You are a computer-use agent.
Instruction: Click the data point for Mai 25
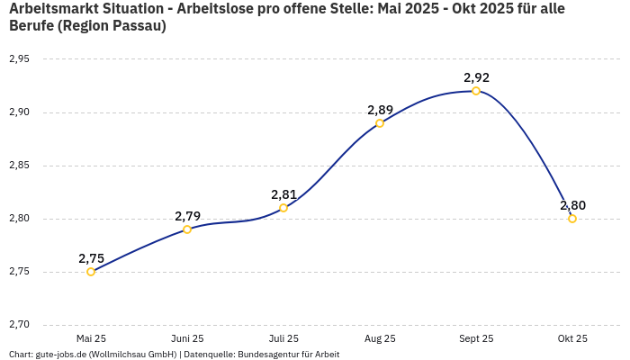91,272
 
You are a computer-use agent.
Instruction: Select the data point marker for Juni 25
187,229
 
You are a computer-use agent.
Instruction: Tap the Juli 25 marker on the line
283,208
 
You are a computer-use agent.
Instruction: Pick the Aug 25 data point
380,123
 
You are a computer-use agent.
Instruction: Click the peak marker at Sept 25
476,91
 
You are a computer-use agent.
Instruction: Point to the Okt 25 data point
572,219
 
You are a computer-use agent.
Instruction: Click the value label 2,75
91,258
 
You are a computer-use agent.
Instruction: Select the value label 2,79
187,216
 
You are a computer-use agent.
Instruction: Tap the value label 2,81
283,194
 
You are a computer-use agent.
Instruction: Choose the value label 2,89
380,110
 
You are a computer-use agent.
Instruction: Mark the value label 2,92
476,77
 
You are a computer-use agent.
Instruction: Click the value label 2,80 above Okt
572,205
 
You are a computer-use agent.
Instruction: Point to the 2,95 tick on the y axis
19,59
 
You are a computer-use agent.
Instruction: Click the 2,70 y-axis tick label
19,325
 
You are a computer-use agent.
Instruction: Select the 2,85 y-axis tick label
19,166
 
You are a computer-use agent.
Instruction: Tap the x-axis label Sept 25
476,338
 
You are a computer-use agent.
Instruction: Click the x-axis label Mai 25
91,338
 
